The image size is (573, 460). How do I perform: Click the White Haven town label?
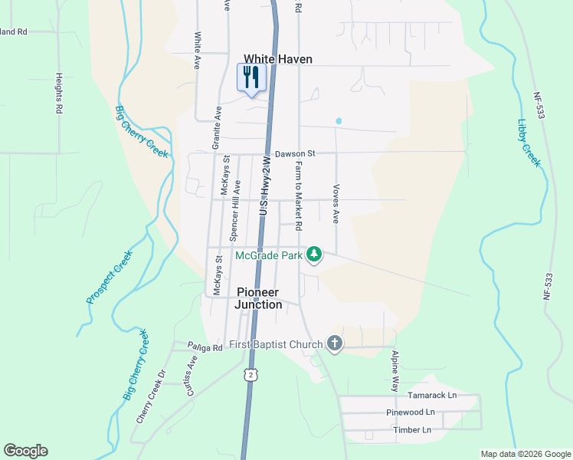pyautogui.click(x=278, y=59)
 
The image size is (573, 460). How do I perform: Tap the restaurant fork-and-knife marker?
pyautogui.click(x=251, y=77)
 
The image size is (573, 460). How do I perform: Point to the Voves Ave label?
pyautogui.click(x=336, y=203)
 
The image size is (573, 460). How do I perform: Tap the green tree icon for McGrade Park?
pyautogui.click(x=313, y=254)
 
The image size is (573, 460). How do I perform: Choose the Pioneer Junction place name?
pyautogui.click(x=259, y=298)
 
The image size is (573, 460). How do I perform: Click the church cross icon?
pyautogui.click(x=334, y=344)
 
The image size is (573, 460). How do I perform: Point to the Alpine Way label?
pyautogui.click(x=395, y=372)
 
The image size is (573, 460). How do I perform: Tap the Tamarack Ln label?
pyautogui.click(x=431, y=395)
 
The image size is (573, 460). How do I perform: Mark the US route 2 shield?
pyautogui.click(x=249, y=373)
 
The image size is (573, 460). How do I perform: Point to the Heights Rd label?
pyautogui.click(x=58, y=94)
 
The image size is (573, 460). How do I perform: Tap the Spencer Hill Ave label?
pyautogui.click(x=237, y=211)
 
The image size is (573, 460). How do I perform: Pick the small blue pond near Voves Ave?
pyautogui.click(x=338, y=121)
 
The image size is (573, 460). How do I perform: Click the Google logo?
pyautogui.click(x=25, y=451)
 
